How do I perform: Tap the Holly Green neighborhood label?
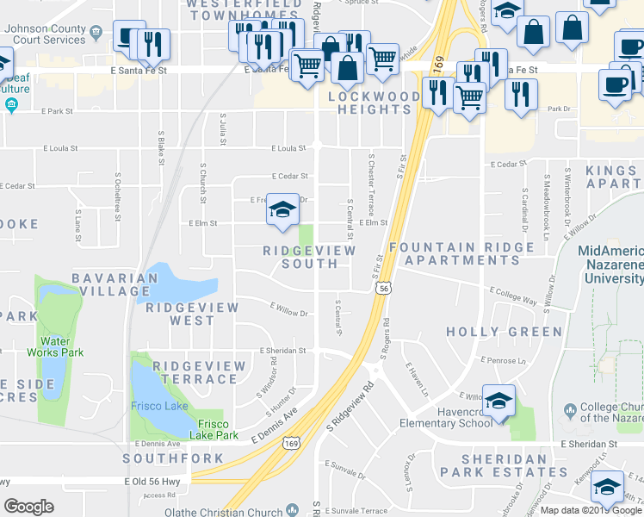coord(504,332)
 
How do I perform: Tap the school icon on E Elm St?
coord(282,209)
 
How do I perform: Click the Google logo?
coord(29,507)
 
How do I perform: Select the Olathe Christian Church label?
coord(235,512)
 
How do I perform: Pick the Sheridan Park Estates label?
coord(504,465)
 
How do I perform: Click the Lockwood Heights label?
coord(369,103)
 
